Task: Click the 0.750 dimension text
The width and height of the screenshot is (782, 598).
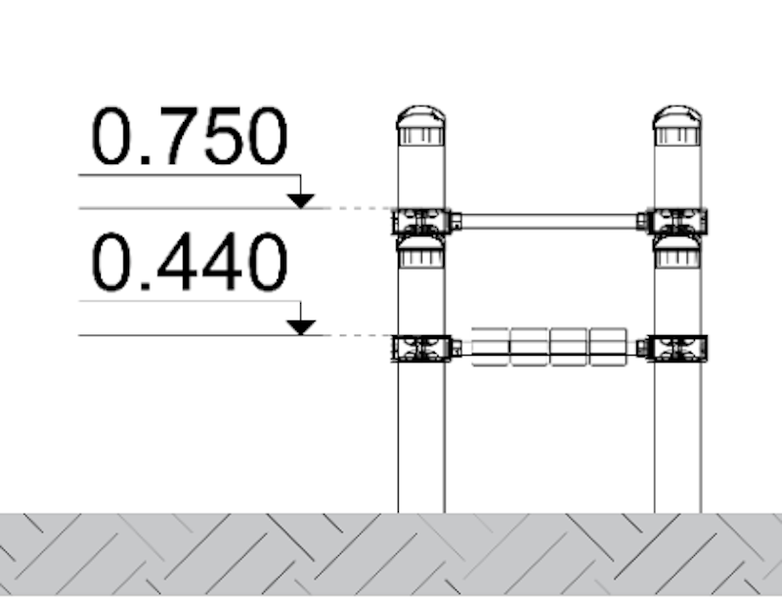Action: click(190, 136)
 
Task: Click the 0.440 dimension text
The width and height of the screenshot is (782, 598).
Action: click(190, 262)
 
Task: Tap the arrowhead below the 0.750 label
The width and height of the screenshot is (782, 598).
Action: click(300, 201)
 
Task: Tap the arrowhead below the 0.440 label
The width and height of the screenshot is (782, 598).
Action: click(300, 327)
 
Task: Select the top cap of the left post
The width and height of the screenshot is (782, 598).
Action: click(421, 125)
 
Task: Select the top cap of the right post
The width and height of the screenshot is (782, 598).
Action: click(677, 125)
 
